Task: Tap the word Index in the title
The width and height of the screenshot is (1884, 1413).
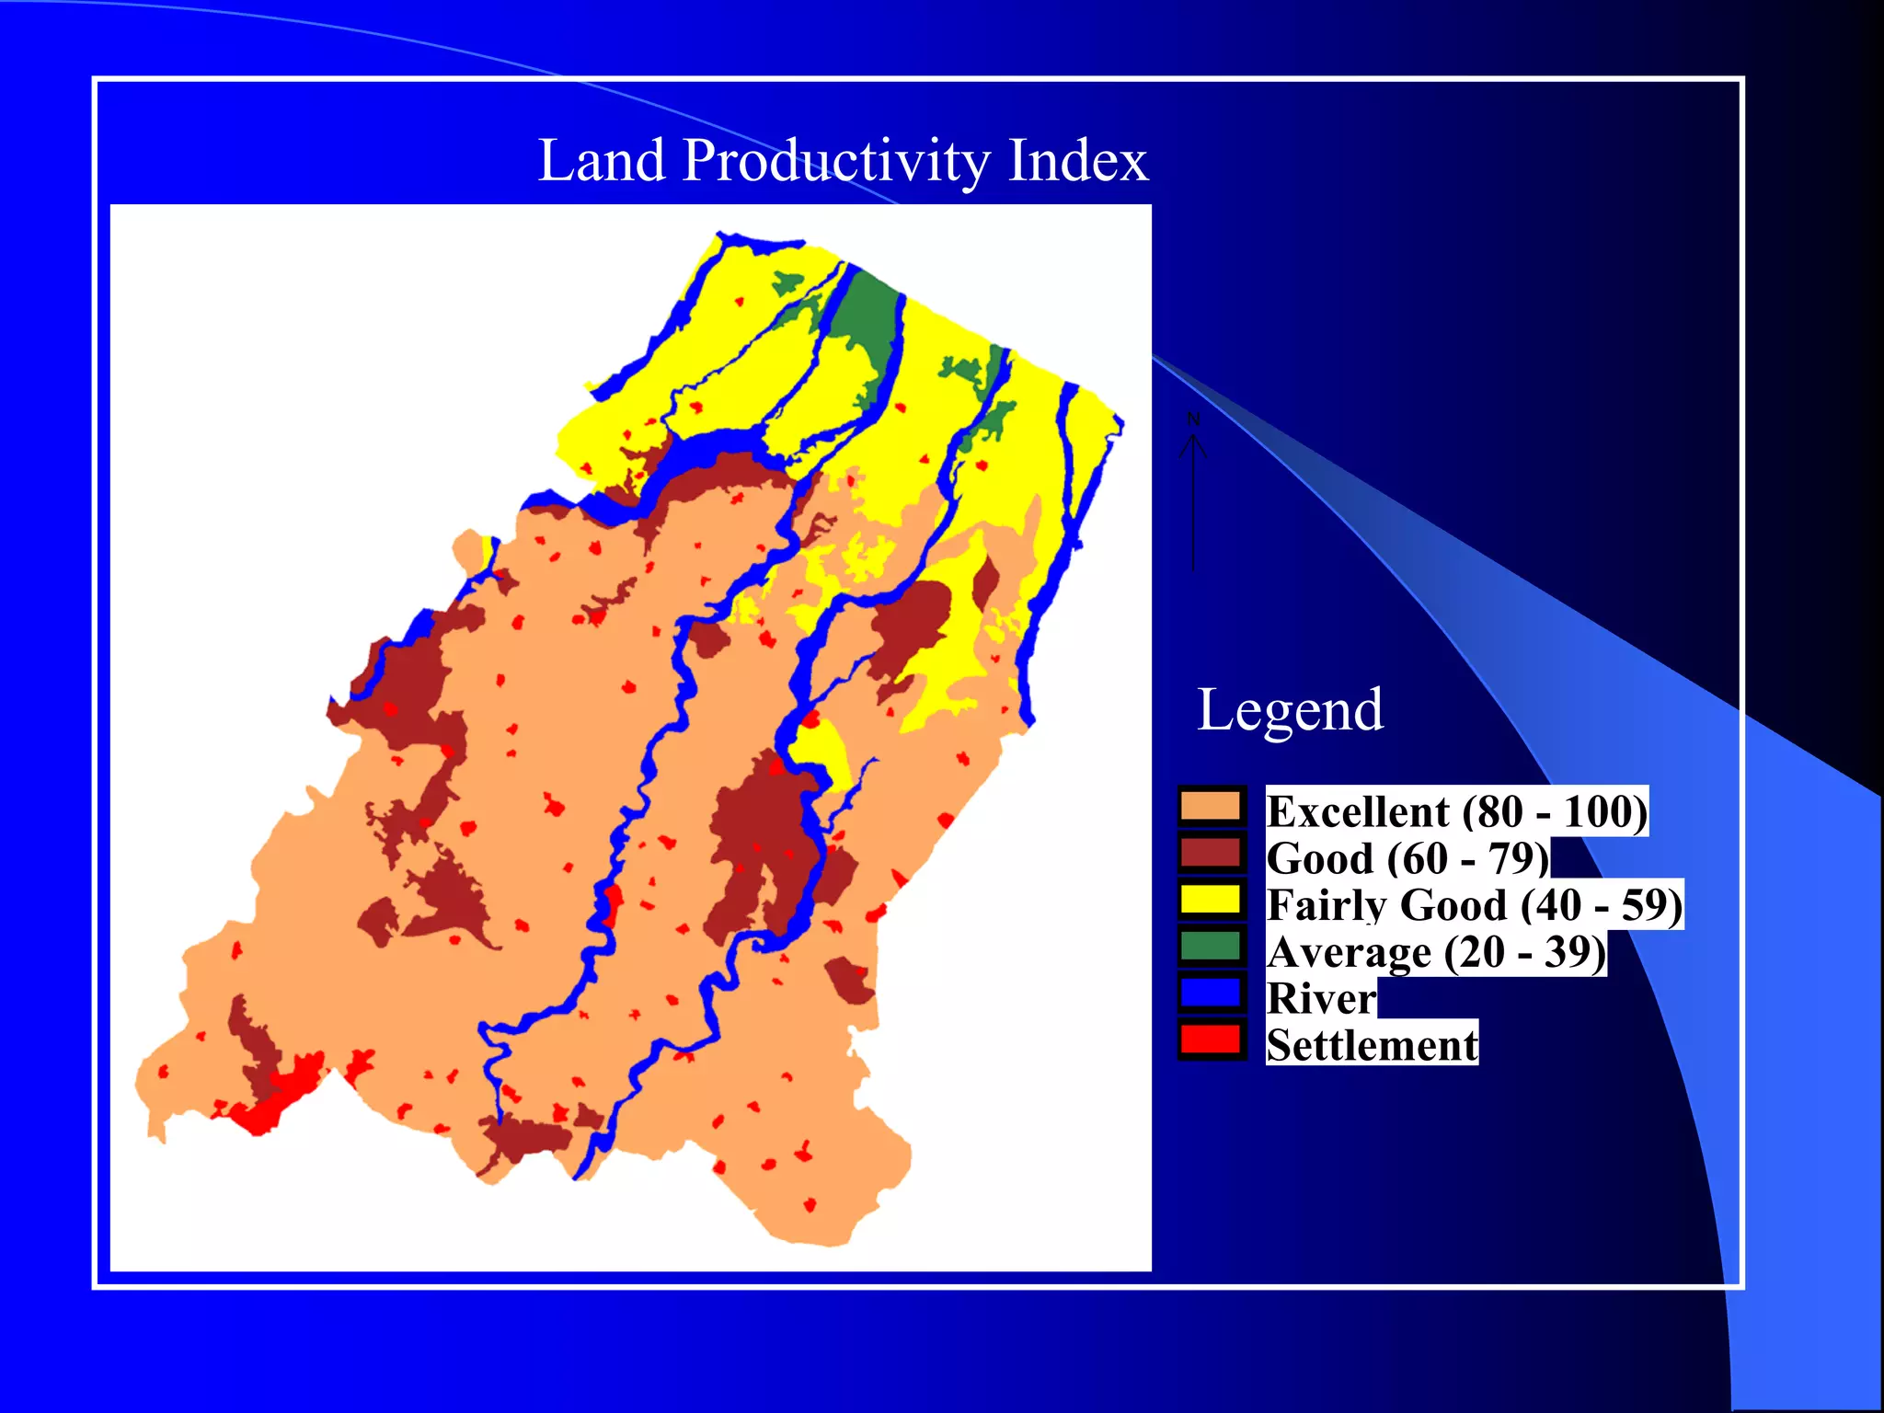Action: point(1077,160)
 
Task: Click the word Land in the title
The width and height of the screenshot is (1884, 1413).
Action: point(601,160)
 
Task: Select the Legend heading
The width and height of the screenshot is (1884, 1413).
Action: point(1290,710)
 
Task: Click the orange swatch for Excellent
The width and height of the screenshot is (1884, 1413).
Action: point(1211,806)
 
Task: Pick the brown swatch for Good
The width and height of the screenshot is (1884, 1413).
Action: point(1211,853)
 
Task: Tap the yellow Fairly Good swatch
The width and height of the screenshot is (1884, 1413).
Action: point(1211,900)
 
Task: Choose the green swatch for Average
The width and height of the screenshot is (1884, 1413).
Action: point(1211,947)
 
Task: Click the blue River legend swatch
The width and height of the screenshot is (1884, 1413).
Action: point(1211,994)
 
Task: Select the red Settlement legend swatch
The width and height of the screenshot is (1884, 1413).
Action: point(1211,1040)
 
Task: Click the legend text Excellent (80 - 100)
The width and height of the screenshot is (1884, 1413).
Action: point(1456,811)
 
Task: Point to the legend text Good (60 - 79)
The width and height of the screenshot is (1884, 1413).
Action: point(1407,858)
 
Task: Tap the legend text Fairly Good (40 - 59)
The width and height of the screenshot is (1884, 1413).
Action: point(1474,905)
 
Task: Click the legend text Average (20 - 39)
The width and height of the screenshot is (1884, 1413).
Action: point(1435,952)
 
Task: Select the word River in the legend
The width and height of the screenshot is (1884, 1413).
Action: point(1320,999)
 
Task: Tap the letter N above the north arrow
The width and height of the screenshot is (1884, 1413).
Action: point(1193,419)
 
